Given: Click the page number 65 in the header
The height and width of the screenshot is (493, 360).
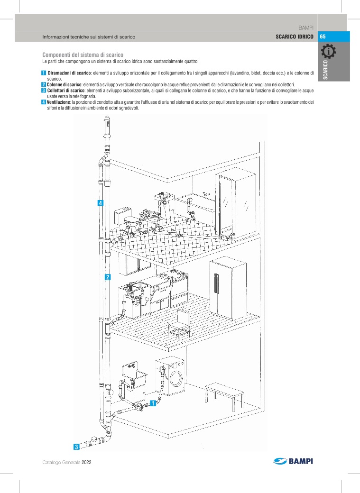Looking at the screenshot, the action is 323,37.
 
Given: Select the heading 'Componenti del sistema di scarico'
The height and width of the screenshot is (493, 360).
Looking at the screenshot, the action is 83,55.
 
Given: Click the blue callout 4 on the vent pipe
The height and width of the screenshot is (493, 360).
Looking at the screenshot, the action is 101,203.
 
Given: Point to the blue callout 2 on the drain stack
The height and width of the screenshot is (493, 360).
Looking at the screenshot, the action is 108,277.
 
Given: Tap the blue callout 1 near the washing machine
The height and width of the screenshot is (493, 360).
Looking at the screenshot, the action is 153,403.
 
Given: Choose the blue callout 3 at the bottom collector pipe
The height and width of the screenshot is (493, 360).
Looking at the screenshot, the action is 76,447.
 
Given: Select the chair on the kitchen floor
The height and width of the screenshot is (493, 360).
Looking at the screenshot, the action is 179,324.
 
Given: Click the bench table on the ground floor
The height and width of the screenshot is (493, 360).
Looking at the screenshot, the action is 225,395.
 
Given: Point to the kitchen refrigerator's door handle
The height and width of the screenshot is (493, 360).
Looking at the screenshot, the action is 216,283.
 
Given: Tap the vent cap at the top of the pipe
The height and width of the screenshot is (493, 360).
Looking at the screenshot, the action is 107,121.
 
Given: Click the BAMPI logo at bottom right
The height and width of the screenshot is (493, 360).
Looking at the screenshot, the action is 293,461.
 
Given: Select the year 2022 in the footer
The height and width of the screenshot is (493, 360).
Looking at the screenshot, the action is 86,462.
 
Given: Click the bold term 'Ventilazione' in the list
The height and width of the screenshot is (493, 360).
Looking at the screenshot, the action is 58,102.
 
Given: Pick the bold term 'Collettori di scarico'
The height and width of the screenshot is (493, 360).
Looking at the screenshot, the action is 66,91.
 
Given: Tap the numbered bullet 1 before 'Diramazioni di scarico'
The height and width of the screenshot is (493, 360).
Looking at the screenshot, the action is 44,73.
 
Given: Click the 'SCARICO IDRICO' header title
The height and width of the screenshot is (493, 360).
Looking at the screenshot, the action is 295,37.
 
